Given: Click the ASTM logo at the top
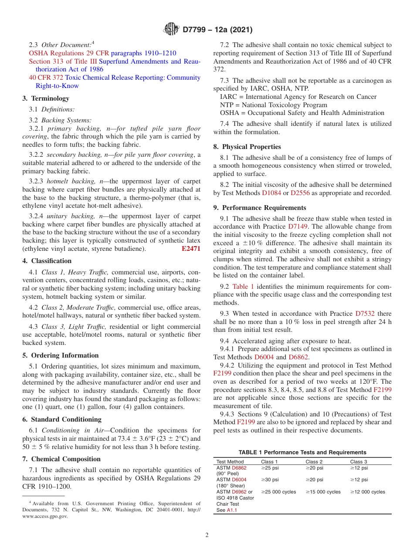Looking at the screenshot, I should click(x=171, y=30).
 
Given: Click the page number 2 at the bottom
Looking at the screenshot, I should click(x=207, y=535).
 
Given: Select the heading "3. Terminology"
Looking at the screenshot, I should click(x=46, y=98).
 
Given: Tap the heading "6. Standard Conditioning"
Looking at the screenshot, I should click(x=62, y=419).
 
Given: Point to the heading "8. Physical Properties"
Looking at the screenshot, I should click(x=247, y=147).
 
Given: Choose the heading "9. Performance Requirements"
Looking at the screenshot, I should click(x=260, y=208).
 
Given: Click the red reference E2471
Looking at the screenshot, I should click(x=191, y=249).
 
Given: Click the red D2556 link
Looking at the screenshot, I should click(x=299, y=193).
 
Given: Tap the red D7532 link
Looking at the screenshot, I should click(x=365, y=314).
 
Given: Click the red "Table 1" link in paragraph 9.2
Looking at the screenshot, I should click(x=243, y=286).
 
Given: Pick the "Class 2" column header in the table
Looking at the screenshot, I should click(x=314, y=462).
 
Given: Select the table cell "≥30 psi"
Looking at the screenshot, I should click(x=270, y=480).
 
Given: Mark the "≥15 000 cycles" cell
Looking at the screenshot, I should click(x=323, y=492).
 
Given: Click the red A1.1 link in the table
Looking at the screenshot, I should click(x=232, y=510).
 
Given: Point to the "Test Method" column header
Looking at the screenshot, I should click(x=230, y=462).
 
